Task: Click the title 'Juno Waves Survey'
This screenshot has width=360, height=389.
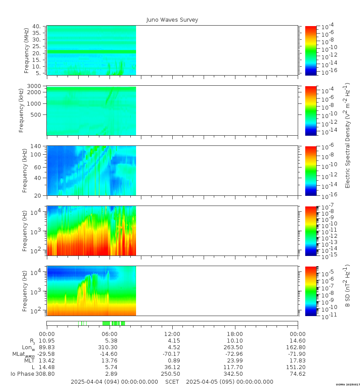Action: click(172, 20)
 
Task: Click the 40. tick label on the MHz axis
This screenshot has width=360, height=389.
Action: click(36, 27)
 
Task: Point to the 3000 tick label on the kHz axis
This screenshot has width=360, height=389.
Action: click(34, 86)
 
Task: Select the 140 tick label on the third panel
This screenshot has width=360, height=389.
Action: click(36, 146)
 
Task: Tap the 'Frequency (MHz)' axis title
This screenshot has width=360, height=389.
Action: click(27, 50)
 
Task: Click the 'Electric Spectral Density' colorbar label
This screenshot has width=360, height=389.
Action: click(347, 135)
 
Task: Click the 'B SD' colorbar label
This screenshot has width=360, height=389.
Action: click(347, 286)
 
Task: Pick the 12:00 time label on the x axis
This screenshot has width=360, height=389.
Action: click(172, 334)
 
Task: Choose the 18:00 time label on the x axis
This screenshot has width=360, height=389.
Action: click(235, 334)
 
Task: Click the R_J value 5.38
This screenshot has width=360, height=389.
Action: click(110, 341)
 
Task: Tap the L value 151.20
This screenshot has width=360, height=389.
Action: click(297, 367)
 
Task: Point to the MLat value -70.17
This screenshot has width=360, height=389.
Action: click(172, 354)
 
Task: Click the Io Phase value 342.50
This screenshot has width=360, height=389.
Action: click(235, 374)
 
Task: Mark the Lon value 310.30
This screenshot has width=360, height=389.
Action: click(110, 347)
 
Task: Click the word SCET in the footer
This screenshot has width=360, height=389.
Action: click(172, 382)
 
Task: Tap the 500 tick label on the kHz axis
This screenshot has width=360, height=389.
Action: click(36, 115)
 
